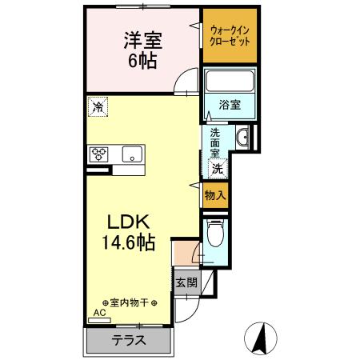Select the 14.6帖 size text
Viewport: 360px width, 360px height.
point(127,240)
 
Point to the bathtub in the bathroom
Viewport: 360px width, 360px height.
point(230,82)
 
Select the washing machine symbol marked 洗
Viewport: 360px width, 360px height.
point(217,168)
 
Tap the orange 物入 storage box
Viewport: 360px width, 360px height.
point(215,194)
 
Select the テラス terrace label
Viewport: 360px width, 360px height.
point(128,339)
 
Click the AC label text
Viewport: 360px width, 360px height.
point(100,313)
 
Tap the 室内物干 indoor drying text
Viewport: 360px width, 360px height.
point(127,302)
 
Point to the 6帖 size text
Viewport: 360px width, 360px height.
point(140,59)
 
